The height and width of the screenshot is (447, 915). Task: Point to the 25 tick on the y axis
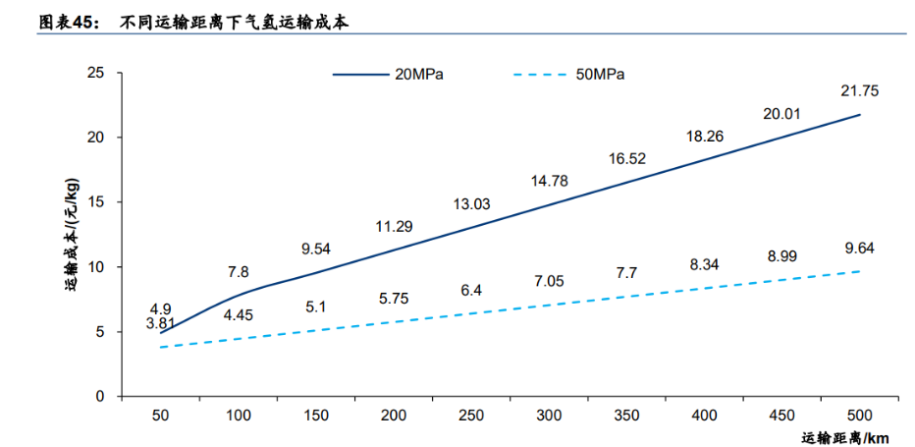[x=95, y=73]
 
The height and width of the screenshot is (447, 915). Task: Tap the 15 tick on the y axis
[x=95, y=202]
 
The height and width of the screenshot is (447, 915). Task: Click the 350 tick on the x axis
[x=626, y=417]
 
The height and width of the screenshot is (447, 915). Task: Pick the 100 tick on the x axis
[x=238, y=417]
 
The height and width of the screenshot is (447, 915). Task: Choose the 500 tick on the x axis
[x=860, y=417]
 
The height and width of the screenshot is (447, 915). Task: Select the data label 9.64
[x=859, y=249]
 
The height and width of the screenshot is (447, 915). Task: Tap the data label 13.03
[x=471, y=203]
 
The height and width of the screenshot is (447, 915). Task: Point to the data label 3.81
[x=160, y=322]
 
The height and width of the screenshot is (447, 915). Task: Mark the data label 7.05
[x=549, y=281]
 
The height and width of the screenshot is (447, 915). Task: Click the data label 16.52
[x=626, y=157]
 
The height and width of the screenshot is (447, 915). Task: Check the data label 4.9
[x=160, y=307]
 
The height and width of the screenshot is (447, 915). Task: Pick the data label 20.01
[x=781, y=113]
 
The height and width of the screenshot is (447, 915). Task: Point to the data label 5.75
[x=394, y=298]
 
